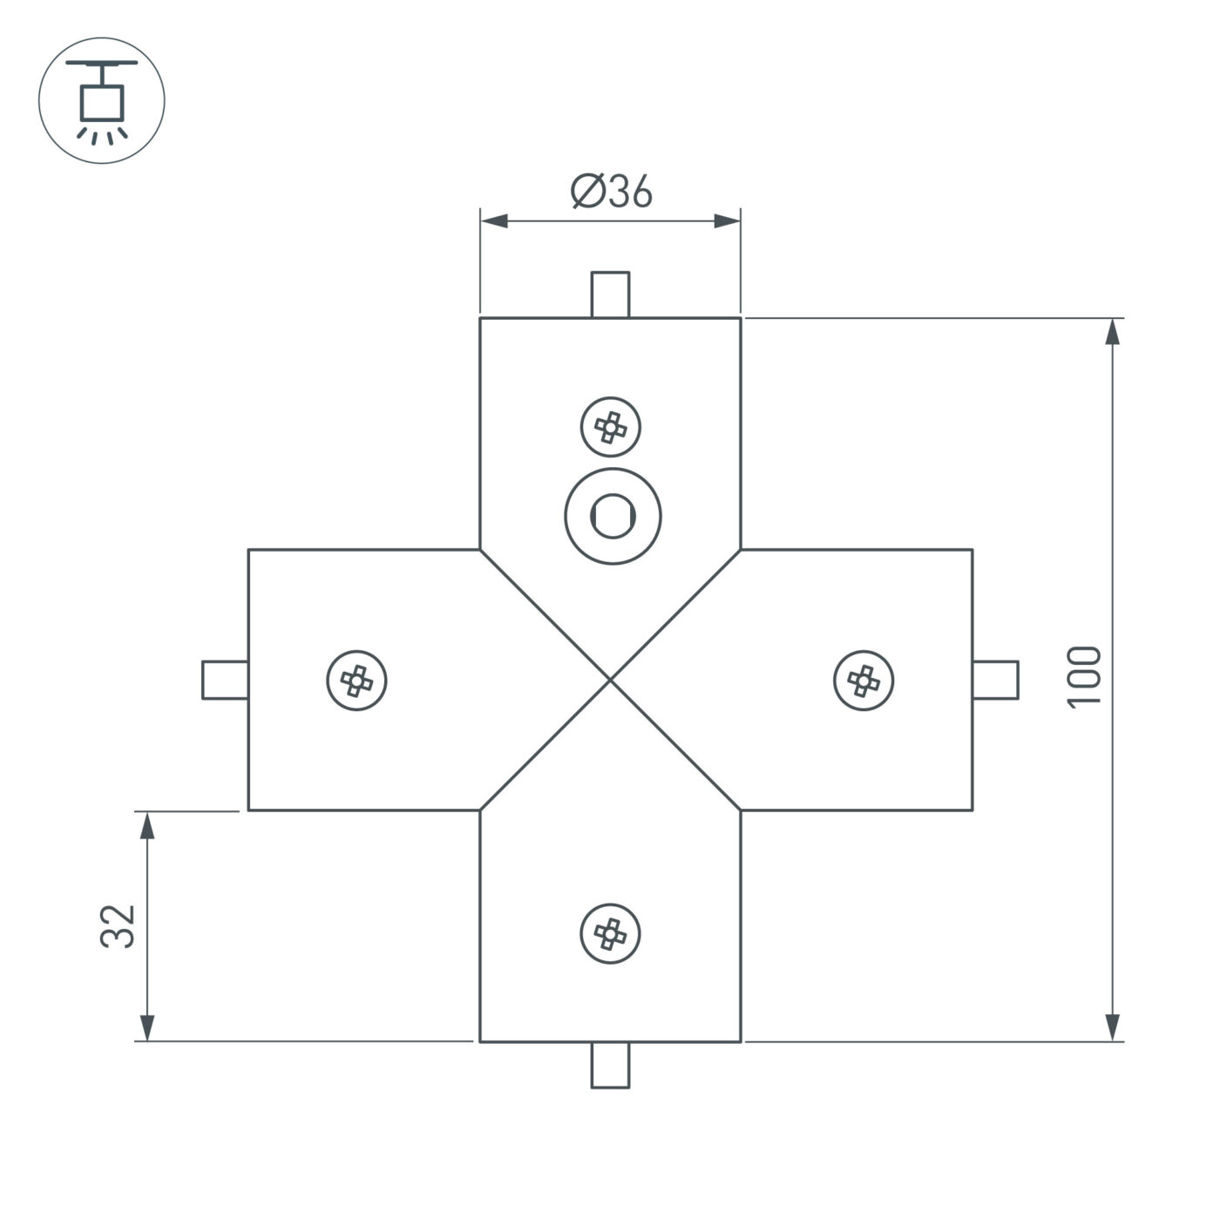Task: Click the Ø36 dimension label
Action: pos(611,192)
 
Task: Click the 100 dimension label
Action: pos(1085,677)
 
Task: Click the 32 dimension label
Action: pos(118,925)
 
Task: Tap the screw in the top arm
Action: pos(611,427)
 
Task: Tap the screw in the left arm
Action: pos(356,680)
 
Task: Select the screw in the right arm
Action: pos(864,680)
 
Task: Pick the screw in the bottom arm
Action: pos(611,933)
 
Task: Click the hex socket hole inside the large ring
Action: pos(612,515)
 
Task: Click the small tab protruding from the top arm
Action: pos(610,295)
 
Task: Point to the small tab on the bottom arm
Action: pos(610,1065)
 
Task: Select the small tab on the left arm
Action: pos(225,680)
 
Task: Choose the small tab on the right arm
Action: pos(996,680)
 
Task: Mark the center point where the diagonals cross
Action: pos(611,680)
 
